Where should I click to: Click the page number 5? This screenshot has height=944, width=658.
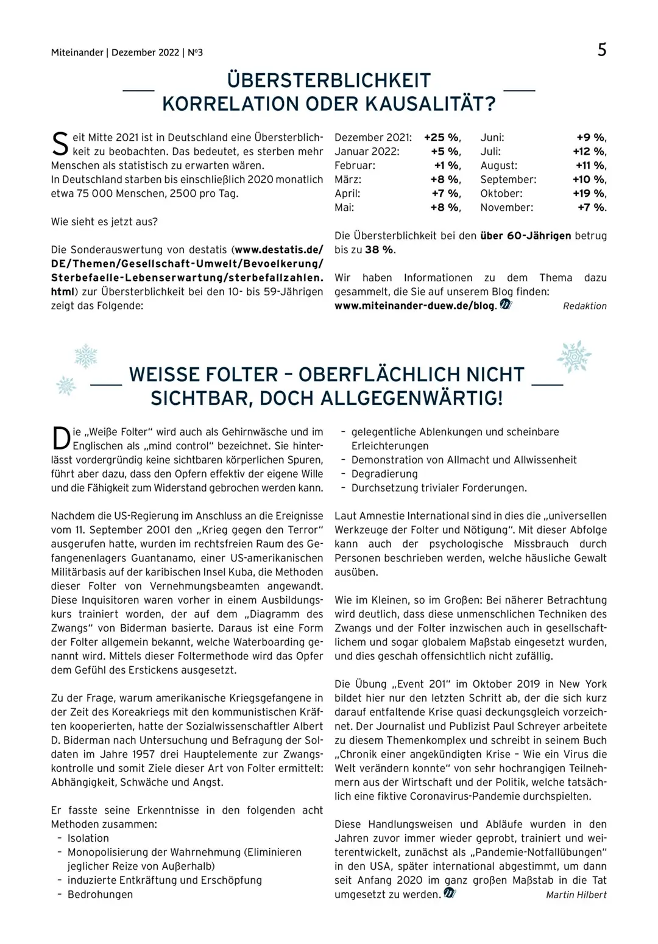[x=601, y=49]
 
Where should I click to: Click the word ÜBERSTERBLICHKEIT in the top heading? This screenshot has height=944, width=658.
[x=329, y=80]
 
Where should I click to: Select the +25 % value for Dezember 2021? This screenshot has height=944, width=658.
[x=442, y=138]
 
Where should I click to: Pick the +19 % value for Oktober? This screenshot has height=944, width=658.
[x=589, y=194]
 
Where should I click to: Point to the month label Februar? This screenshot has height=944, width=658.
[x=355, y=166]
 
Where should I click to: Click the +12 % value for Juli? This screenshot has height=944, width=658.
[x=589, y=152]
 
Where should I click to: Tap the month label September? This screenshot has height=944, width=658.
[x=508, y=180]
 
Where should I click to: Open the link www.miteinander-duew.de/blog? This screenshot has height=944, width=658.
[x=414, y=306]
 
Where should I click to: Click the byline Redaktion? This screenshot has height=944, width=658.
[x=584, y=306]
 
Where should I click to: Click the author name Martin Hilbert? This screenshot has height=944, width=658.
[x=576, y=895]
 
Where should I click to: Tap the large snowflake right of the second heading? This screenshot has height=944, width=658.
[x=574, y=357]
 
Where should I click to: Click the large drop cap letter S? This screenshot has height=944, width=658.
[x=60, y=144]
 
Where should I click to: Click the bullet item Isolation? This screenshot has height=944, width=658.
[x=88, y=839]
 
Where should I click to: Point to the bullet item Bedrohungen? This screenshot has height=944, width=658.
[x=100, y=895]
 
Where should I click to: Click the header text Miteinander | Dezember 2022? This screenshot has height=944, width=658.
[x=115, y=53]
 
